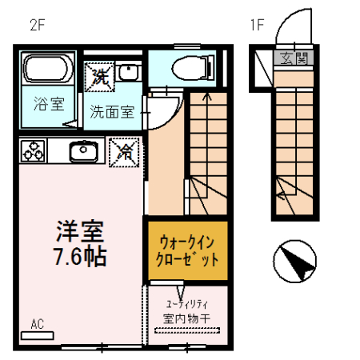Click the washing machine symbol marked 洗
coord(100,77)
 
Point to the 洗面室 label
coord(112,112)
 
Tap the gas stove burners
coord(34,150)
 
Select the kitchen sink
coord(82,150)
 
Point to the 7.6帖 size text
coord(77,257)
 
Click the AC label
coord(37,324)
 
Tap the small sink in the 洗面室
coord(128,74)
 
